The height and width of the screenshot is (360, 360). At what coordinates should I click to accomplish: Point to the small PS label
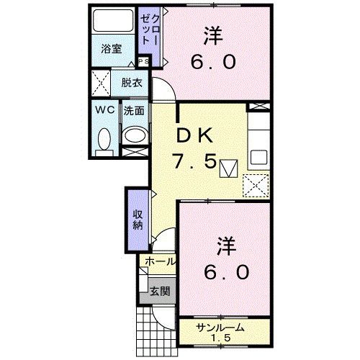[x=145, y=63]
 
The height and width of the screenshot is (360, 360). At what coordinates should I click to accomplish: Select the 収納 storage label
[x=136, y=220]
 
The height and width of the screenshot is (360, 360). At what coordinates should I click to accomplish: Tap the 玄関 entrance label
[x=158, y=292]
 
